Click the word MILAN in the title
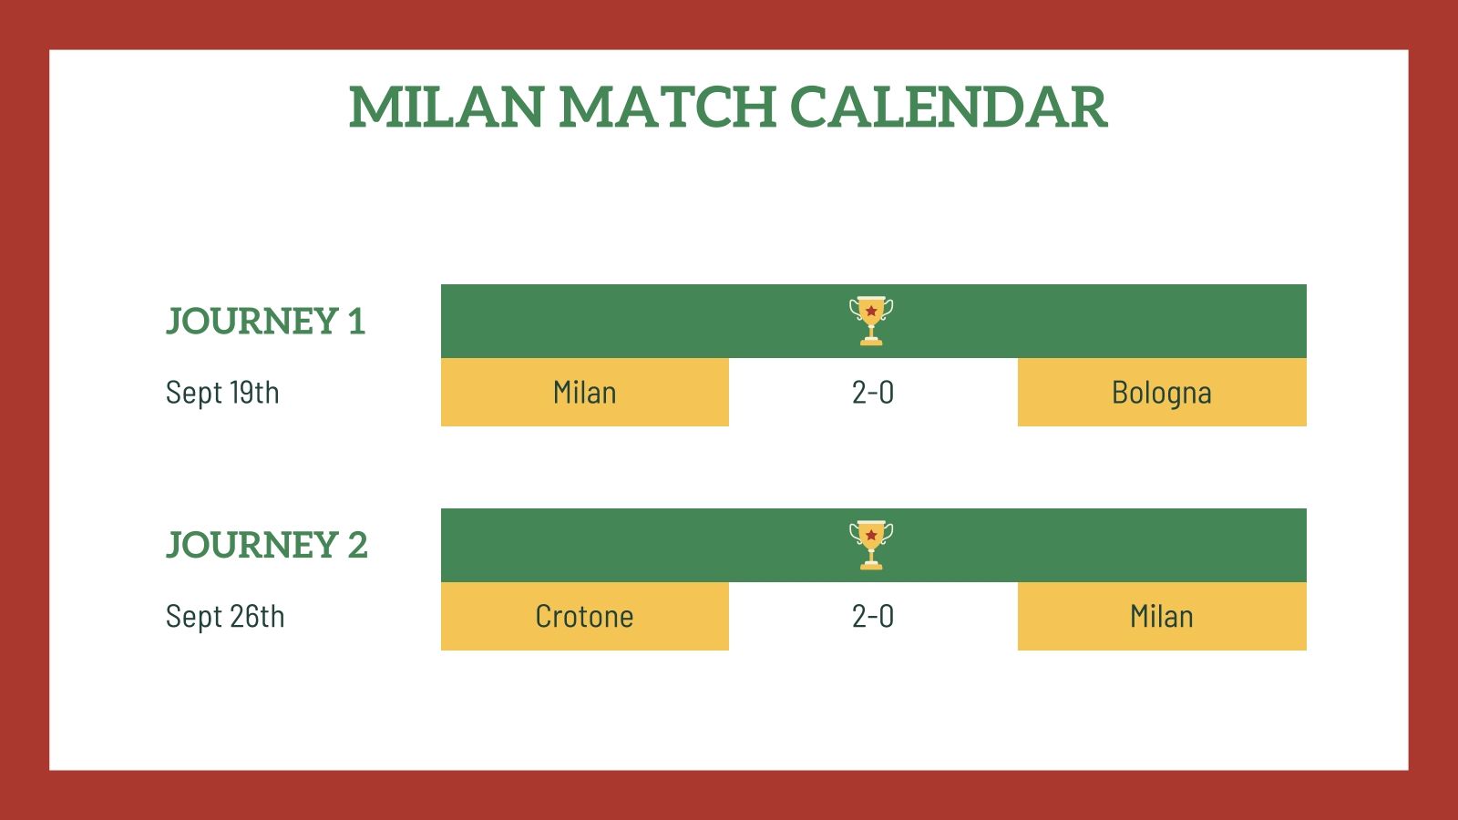447,108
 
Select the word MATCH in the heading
667,108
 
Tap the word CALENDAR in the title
948,108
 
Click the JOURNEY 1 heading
265,322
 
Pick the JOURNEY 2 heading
266,546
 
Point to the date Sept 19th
222,393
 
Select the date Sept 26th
225,617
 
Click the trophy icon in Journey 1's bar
871,321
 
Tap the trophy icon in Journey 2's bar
871,545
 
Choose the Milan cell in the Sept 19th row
584,393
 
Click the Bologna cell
1162,393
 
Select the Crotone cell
584,617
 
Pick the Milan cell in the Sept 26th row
1162,617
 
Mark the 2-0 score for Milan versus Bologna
873,393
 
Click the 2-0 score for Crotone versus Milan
873,617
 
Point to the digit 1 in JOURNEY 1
356,322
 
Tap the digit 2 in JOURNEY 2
357,546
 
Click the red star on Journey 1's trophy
871,311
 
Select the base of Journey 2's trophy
871,566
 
